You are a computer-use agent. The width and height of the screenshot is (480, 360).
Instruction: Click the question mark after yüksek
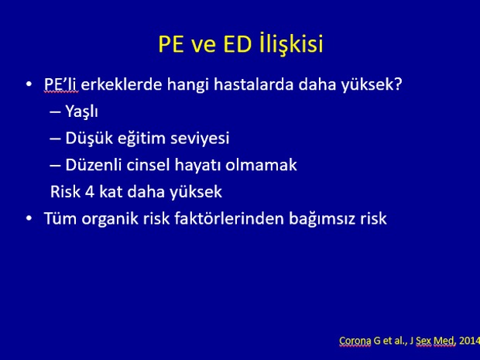click(398, 84)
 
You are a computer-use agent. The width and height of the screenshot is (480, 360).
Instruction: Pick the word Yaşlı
click(82, 111)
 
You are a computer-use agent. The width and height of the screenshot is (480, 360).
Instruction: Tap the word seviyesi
click(200, 138)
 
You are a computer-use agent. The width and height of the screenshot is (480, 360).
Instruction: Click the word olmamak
click(261, 165)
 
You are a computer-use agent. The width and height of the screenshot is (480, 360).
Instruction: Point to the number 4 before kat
click(90, 192)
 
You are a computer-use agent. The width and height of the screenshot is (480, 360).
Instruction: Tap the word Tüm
click(60, 218)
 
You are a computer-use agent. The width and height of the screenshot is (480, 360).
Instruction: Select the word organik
click(110, 219)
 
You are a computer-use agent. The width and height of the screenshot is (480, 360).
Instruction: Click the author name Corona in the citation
click(355, 341)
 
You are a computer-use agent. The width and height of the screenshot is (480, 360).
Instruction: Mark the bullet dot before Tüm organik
click(29, 218)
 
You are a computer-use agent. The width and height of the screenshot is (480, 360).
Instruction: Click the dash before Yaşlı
click(55, 112)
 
